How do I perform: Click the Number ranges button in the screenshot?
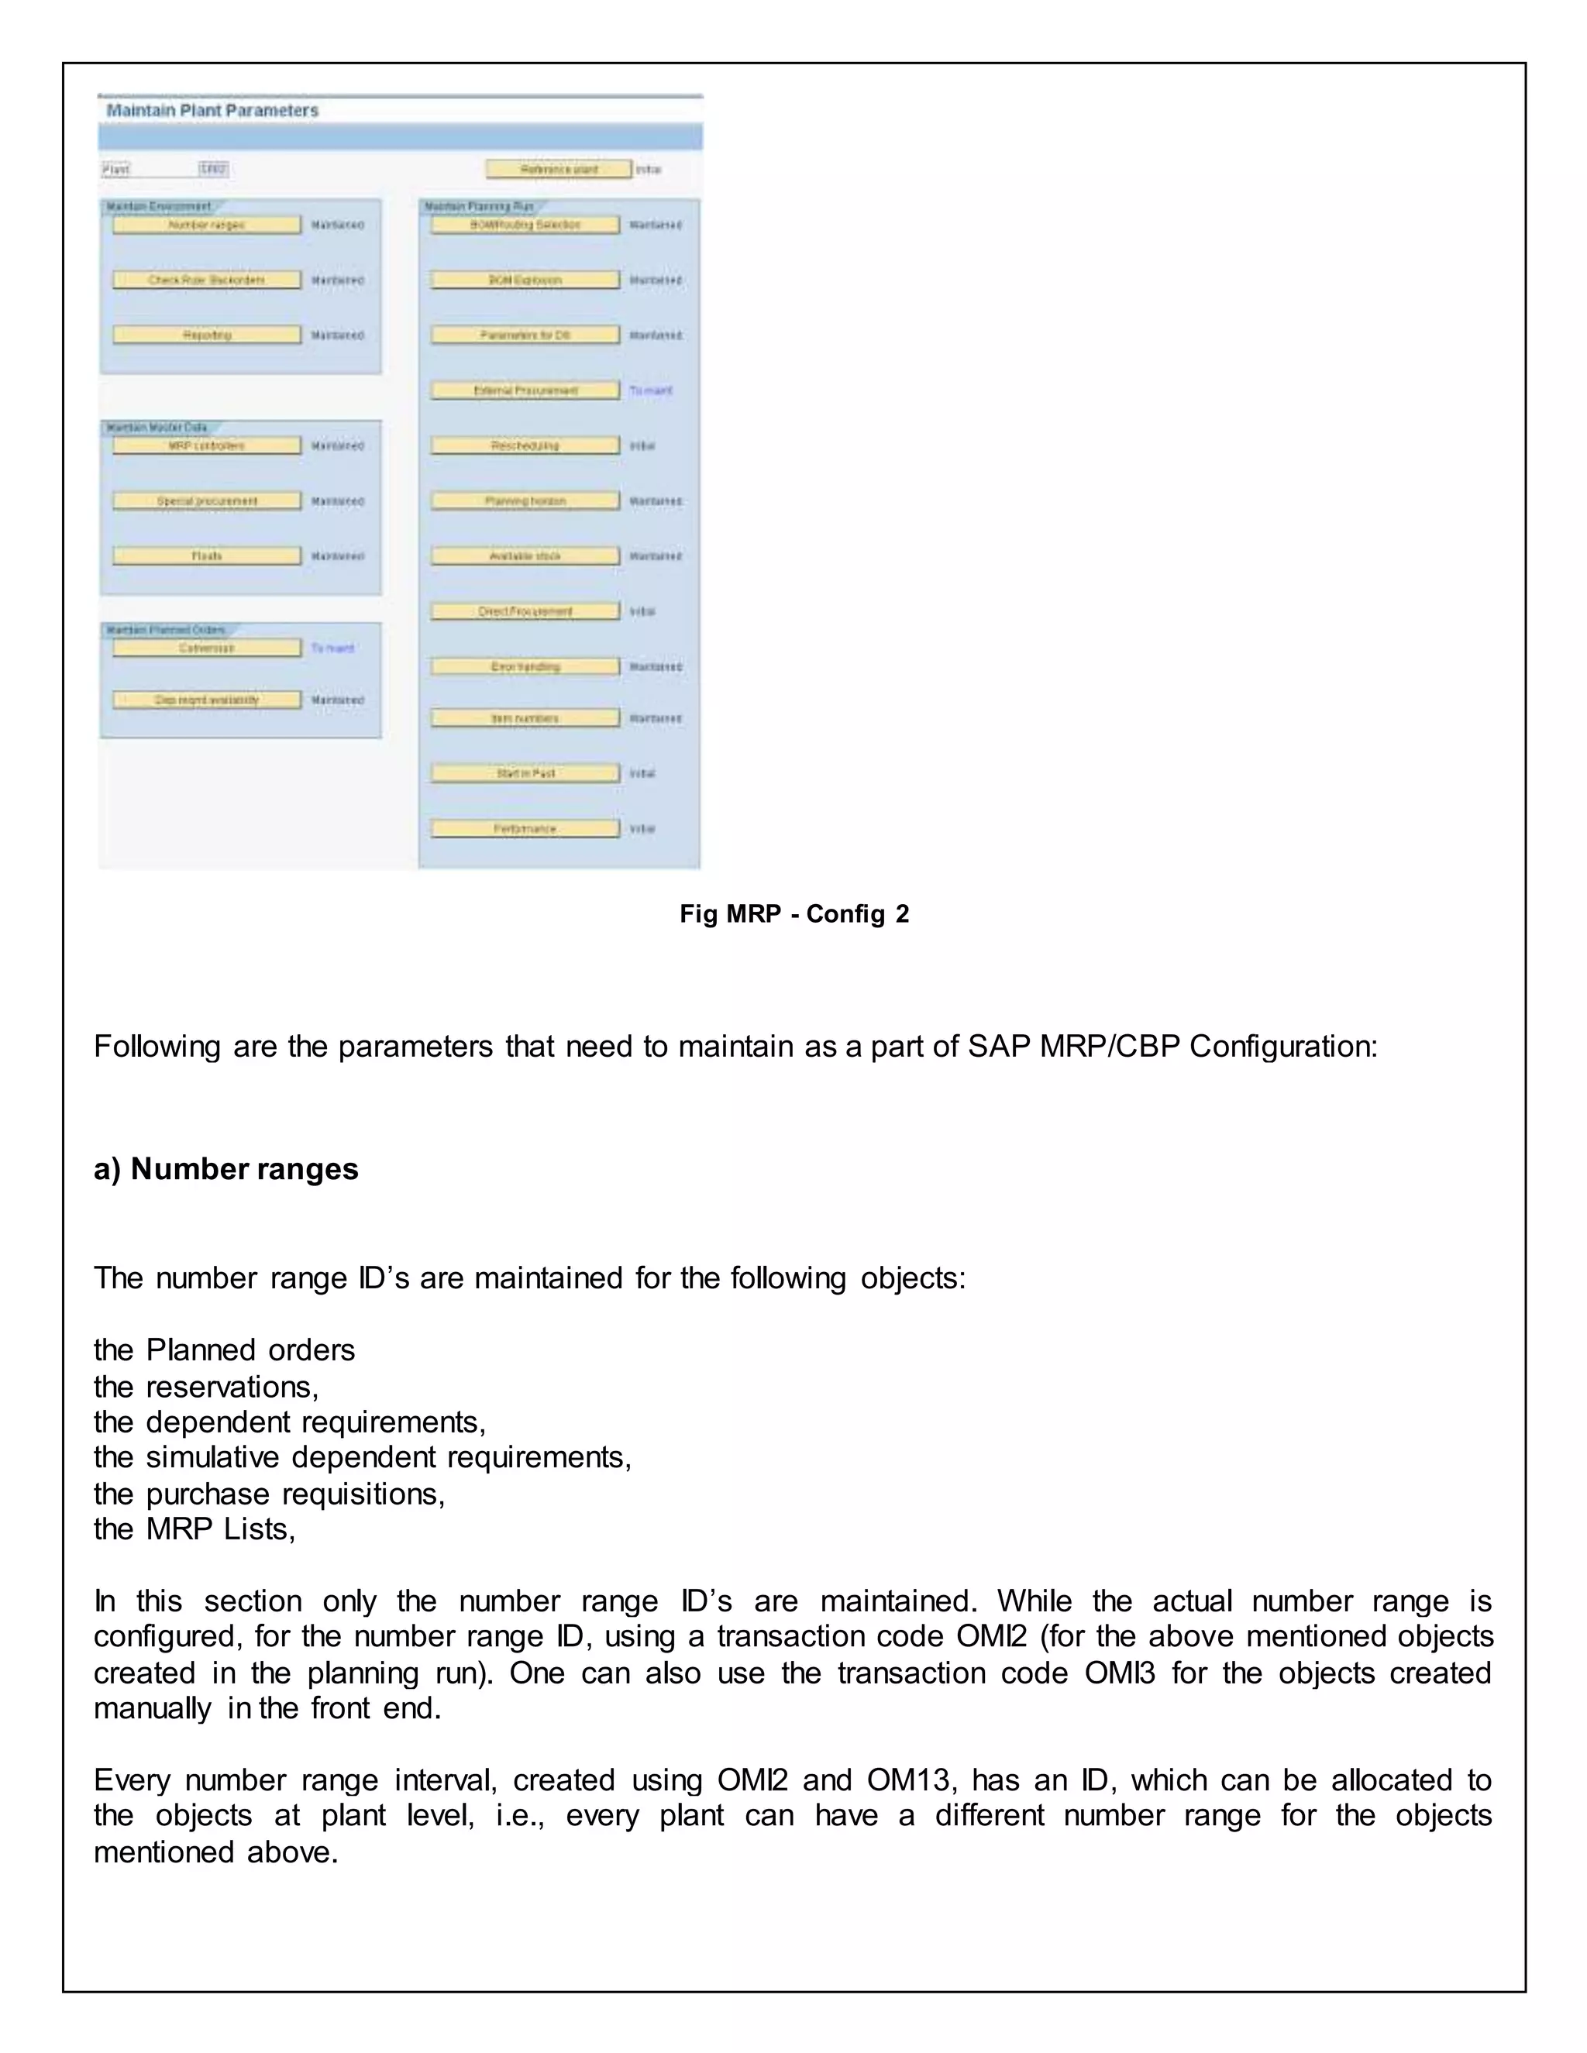pyautogui.click(x=206, y=225)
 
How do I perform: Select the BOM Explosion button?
pyautogui.click(x=525, y=280)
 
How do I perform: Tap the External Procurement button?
pyautogui.click(x=525, y=390)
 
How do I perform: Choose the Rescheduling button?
pyautogui.click(x=525, y=445)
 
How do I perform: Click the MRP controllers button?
pyautogui.click(x=206, y=445)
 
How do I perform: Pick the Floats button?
pyautogui.click(x=206, y=556)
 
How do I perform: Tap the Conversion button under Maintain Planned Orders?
pyautogui.click(x=206, y=648)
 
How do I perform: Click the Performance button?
pyautogui.click(x=525, y=829)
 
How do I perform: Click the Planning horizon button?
pyautogui.click(x=525, y=501)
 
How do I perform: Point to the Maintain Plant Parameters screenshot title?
pyautogui.click(x=212, y=111)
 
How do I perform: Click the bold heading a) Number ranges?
pyautogui.click(x=225, y=1168)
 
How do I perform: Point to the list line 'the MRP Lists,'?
pyautogui.click(x=195, y=1529)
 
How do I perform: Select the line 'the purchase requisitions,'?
pyautogui.click(x=269, y=1494)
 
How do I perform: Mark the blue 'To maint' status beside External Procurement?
pyautogui.click(x=651, y=390)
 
